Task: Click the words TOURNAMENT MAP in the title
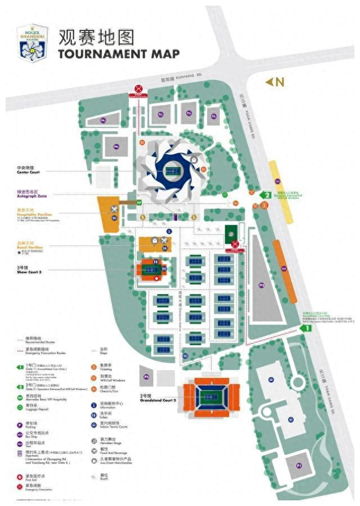(118, 54)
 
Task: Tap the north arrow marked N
(275, 82)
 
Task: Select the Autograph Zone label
(29, 193)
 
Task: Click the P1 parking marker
(299, 465)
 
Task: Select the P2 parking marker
(262, 285)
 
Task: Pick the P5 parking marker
(146, 376)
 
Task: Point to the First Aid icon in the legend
(20, 476)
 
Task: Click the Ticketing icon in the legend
(94, 366)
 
